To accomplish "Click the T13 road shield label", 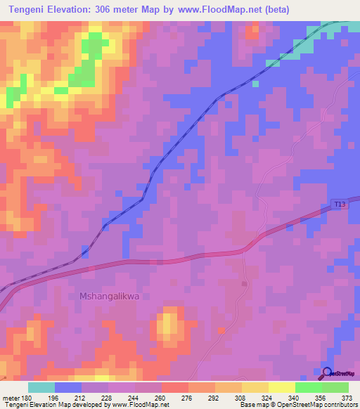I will coord(340,204).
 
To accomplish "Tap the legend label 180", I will coord(23,398).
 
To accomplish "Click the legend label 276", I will coord(186,398).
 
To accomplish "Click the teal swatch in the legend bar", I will coord(41,387).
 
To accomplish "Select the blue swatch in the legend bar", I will coord(68,387).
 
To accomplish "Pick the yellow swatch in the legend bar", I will coord(255,387).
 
